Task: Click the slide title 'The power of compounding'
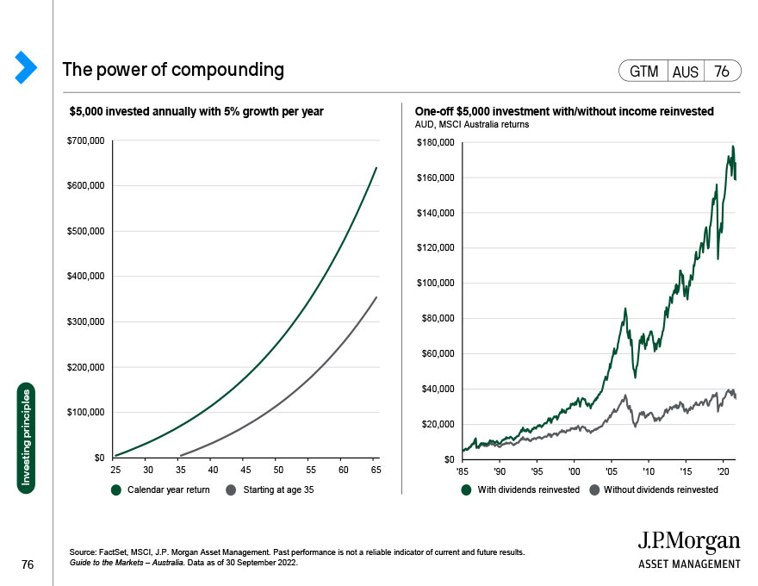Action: point(173,70)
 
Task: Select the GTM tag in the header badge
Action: point(643,72)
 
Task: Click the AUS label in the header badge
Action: point(686,72)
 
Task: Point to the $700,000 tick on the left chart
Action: point(86,140)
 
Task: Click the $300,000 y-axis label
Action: point(86,321)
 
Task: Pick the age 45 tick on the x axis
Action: point(245,470)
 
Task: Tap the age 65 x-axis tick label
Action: point(376,470)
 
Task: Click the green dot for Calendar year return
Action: point(117,490)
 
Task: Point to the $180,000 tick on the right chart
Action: point(436,142)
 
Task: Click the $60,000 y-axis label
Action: point(438,353)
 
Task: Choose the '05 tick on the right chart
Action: point(611,471)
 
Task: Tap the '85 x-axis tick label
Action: point(463,471)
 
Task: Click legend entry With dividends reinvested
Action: point(528,490)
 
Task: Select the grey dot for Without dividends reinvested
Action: point(594,490)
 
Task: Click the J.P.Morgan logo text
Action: point(688,542)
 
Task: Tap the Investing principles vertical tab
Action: point(27,439)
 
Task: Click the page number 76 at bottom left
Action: point(27,564)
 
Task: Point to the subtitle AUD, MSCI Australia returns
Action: point(472,124)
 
